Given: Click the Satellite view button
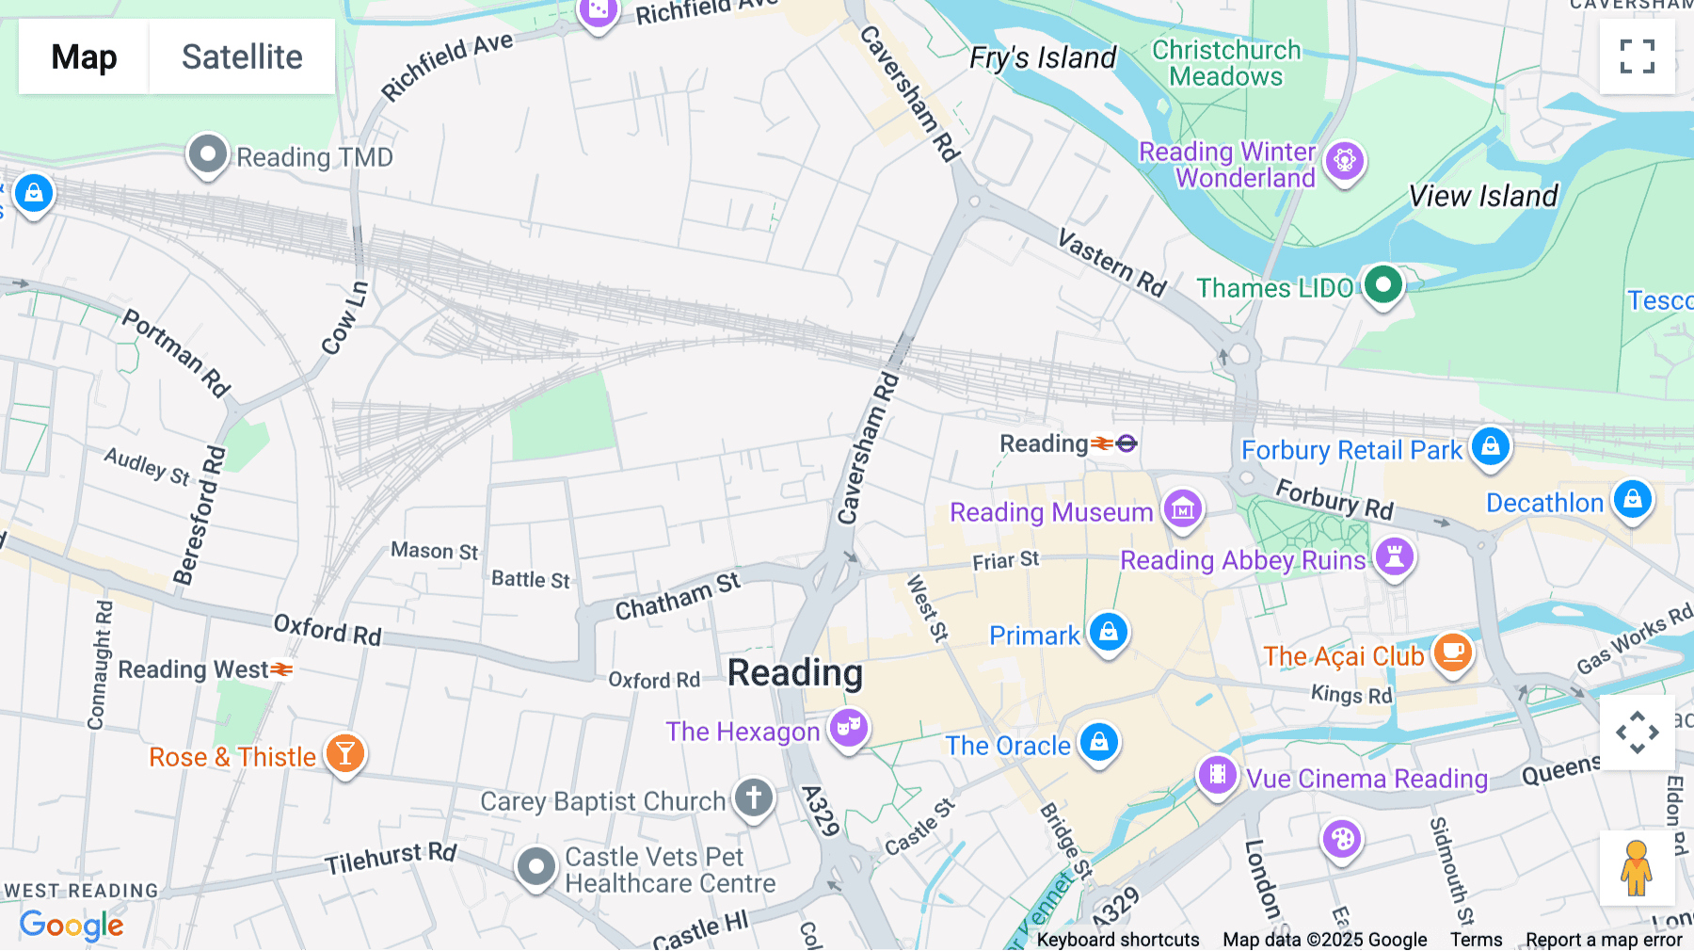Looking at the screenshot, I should point(242,56).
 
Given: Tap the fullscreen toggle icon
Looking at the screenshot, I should point(1637,56).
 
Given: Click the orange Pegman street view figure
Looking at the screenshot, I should point(1637,868).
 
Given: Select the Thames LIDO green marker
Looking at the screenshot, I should point(1382,284).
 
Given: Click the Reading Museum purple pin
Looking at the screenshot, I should point(1182,509).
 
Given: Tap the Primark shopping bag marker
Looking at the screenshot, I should point(1108,632).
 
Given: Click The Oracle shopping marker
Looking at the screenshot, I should point(1098,742).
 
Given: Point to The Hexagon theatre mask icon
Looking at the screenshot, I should point(848,728).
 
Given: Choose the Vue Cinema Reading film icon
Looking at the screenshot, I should point(1217,775).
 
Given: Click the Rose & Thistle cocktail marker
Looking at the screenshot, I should point(345,753).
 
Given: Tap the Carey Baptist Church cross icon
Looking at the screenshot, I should point(753,798).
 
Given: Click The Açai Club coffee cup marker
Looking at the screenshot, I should point(1452,651).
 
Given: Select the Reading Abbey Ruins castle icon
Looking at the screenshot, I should point(1394,556).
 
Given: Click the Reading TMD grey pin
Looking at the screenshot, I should point(207,153).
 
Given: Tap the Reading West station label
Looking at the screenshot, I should point(193,669).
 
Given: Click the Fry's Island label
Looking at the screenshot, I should point(1042,58).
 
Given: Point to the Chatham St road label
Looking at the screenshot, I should point(678,597).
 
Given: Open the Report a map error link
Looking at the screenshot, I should point(1603,940).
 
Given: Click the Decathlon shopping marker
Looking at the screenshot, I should point(1632,499).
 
